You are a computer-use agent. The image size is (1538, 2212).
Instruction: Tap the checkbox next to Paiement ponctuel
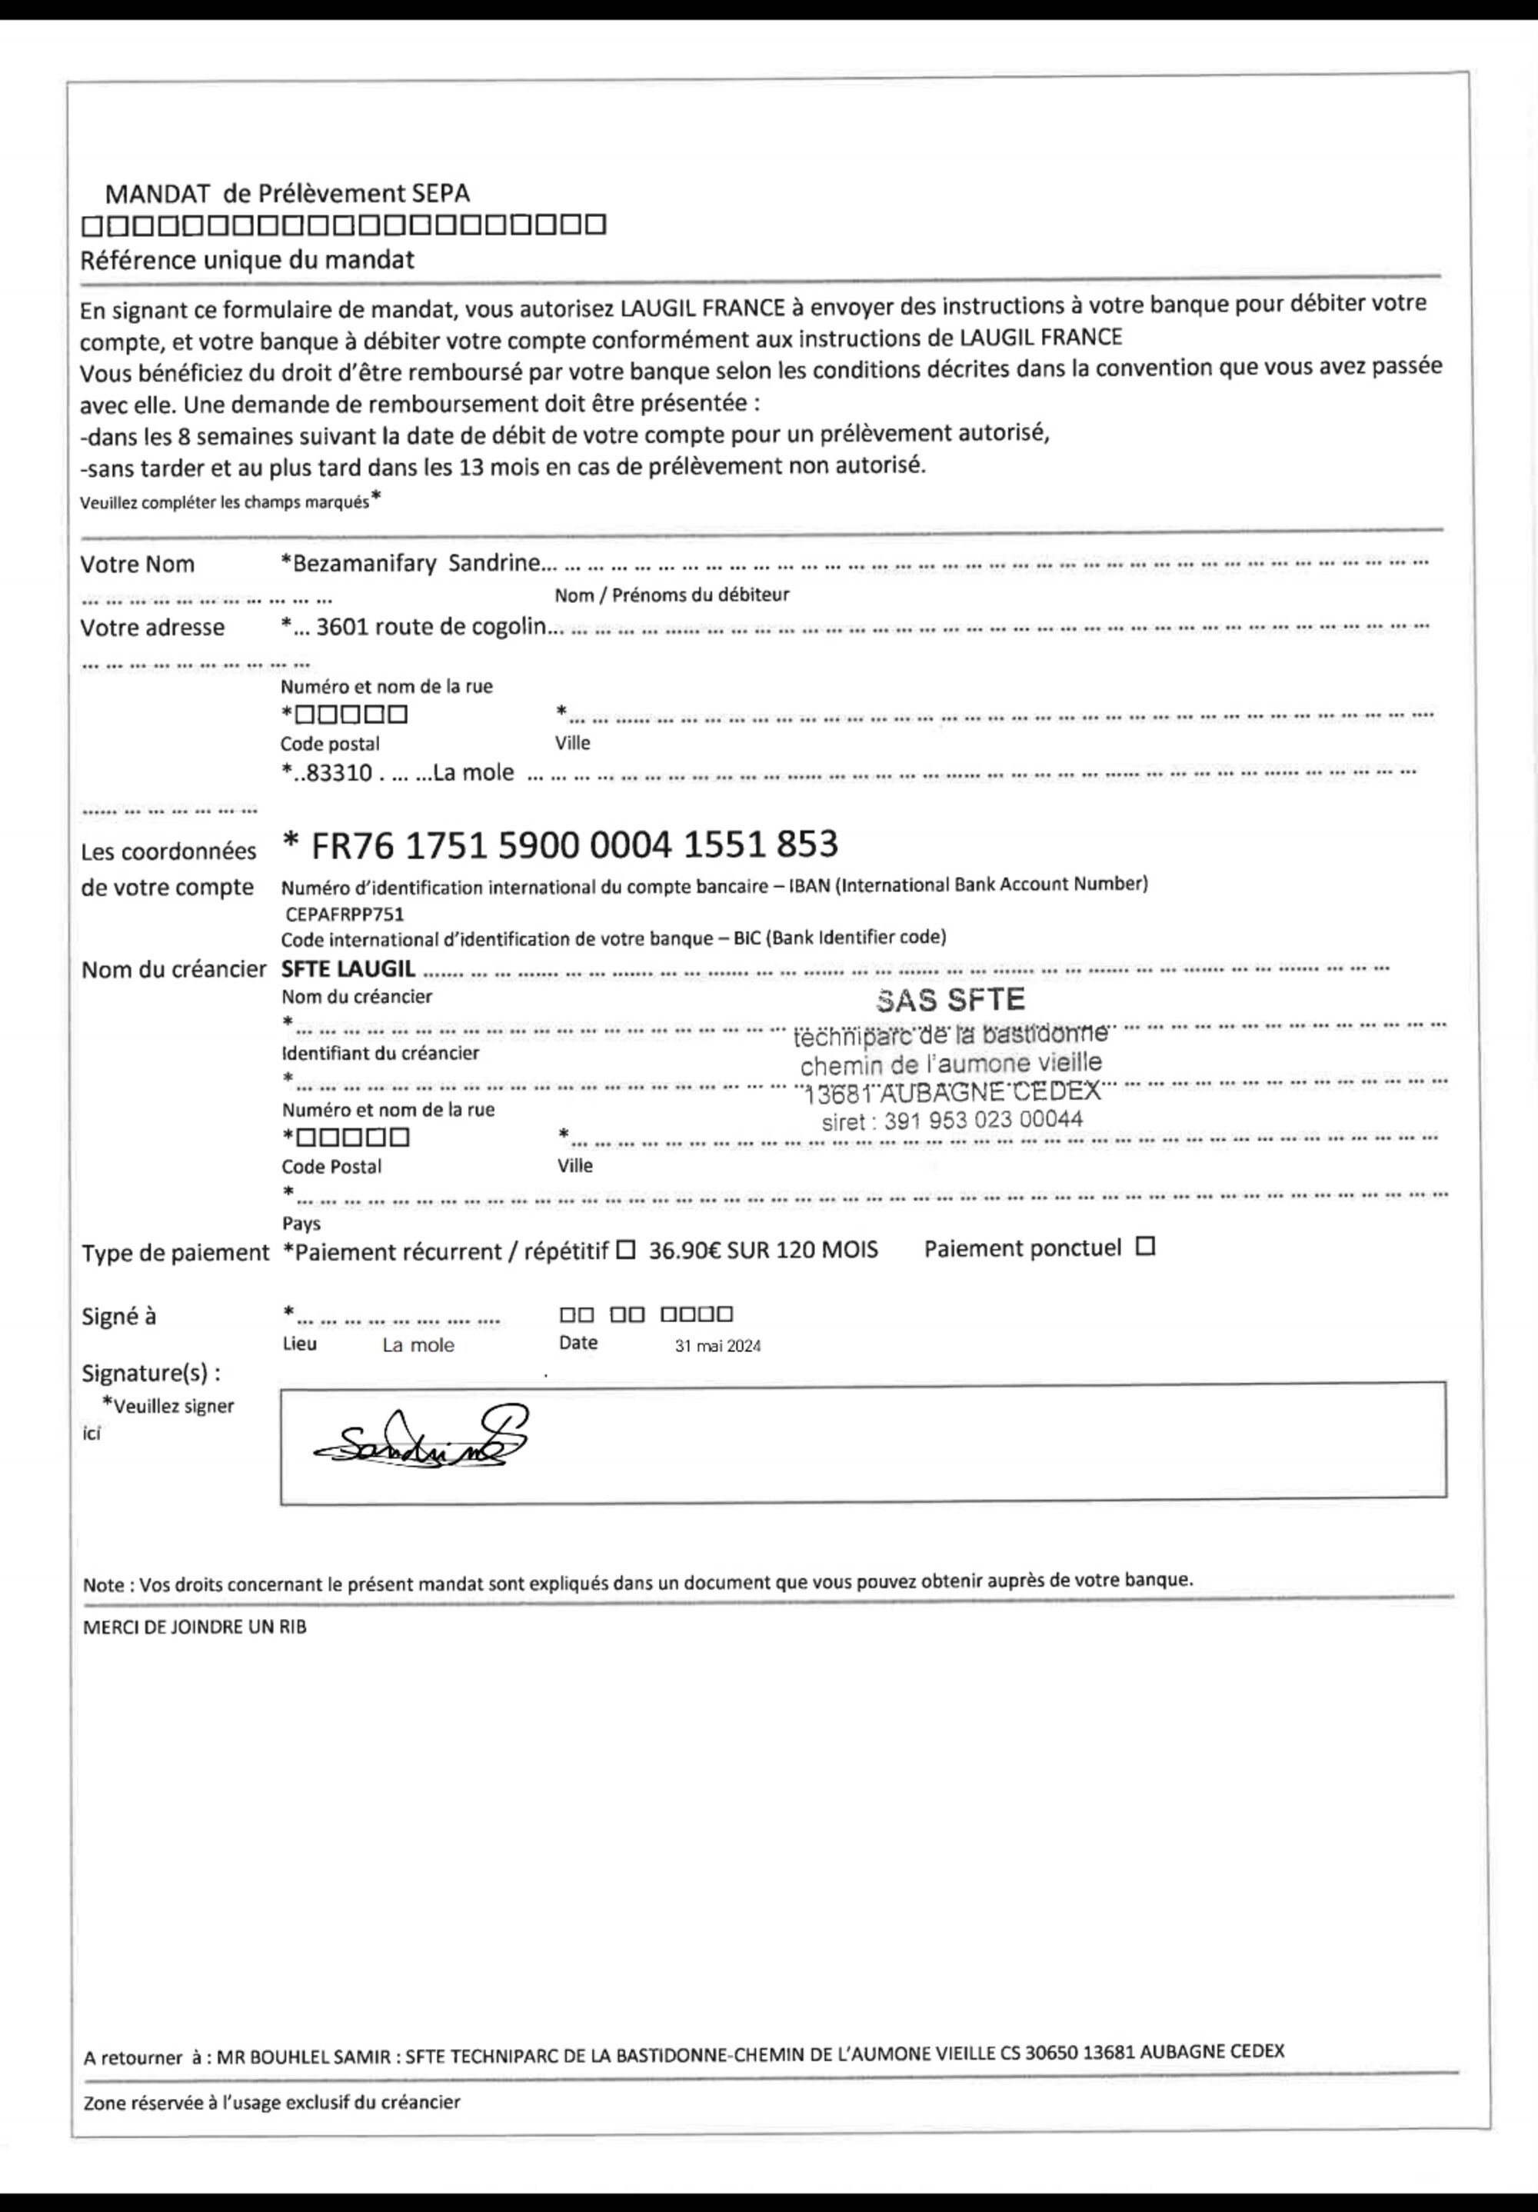(x=1145, y=1247)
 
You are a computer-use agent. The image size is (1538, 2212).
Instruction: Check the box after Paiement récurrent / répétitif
(x=625, y=1251)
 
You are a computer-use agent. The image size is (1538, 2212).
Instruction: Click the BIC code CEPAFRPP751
(x=345, y=914)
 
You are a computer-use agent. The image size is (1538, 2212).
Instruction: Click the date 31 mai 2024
(x=717, y=1346)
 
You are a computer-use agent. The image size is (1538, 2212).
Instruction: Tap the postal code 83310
(x=337, y=773)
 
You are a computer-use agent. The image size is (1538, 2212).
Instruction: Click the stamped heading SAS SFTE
(x=950, y=999)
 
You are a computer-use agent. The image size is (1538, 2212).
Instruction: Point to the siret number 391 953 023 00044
(x=951, y=1120)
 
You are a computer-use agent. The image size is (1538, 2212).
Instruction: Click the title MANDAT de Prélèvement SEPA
(x=288, y=193)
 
